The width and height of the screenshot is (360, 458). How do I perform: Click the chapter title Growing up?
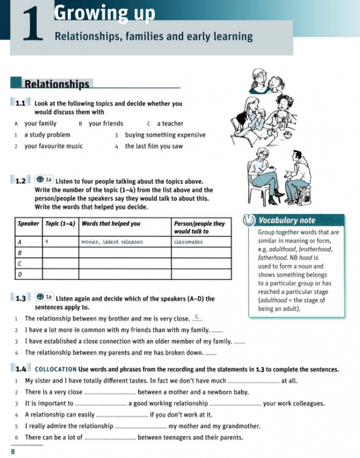click(105, 12)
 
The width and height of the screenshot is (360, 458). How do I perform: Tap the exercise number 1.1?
click(21, 103)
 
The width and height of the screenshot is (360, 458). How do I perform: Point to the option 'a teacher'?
click(170, 123)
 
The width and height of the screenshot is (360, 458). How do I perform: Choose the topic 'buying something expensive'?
click(165, 135)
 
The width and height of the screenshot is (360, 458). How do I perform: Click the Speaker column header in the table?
click(28, 223)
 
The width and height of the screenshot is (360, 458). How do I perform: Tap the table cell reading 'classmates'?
click(189, 241)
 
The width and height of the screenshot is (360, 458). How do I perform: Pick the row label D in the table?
click(20, 273)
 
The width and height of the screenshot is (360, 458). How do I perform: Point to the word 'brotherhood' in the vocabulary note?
click(316, 249)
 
